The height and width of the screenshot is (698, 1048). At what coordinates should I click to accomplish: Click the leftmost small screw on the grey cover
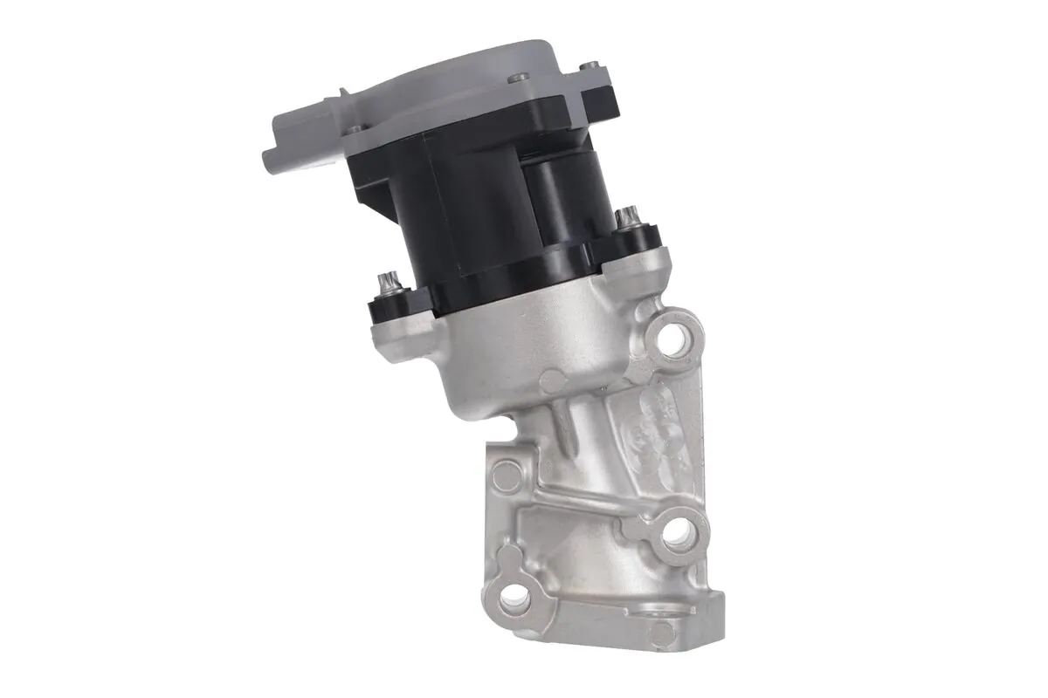coord(353,130)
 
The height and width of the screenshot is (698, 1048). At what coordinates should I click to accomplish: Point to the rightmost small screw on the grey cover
coord(591,65)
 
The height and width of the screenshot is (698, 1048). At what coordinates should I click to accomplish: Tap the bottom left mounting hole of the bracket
coord(515,596)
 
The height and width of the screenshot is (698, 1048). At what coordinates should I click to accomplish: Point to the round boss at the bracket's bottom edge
coord(662,633)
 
